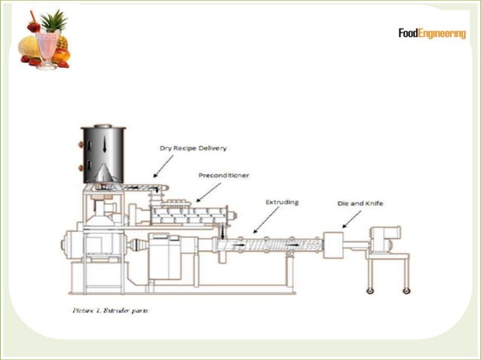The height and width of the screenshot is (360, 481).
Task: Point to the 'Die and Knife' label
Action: (x=357, y=203)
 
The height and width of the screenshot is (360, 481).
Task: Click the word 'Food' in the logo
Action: (x=412, y=33)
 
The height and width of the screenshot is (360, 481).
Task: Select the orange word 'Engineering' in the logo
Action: (x=446, y=34)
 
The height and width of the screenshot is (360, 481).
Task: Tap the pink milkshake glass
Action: (x=47, y=49)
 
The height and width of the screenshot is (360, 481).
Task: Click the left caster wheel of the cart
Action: (x=370, y=291)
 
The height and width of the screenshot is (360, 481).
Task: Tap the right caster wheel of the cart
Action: (x=406, y=291)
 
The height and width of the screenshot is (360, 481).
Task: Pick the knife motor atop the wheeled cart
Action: (x=389, y=239)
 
